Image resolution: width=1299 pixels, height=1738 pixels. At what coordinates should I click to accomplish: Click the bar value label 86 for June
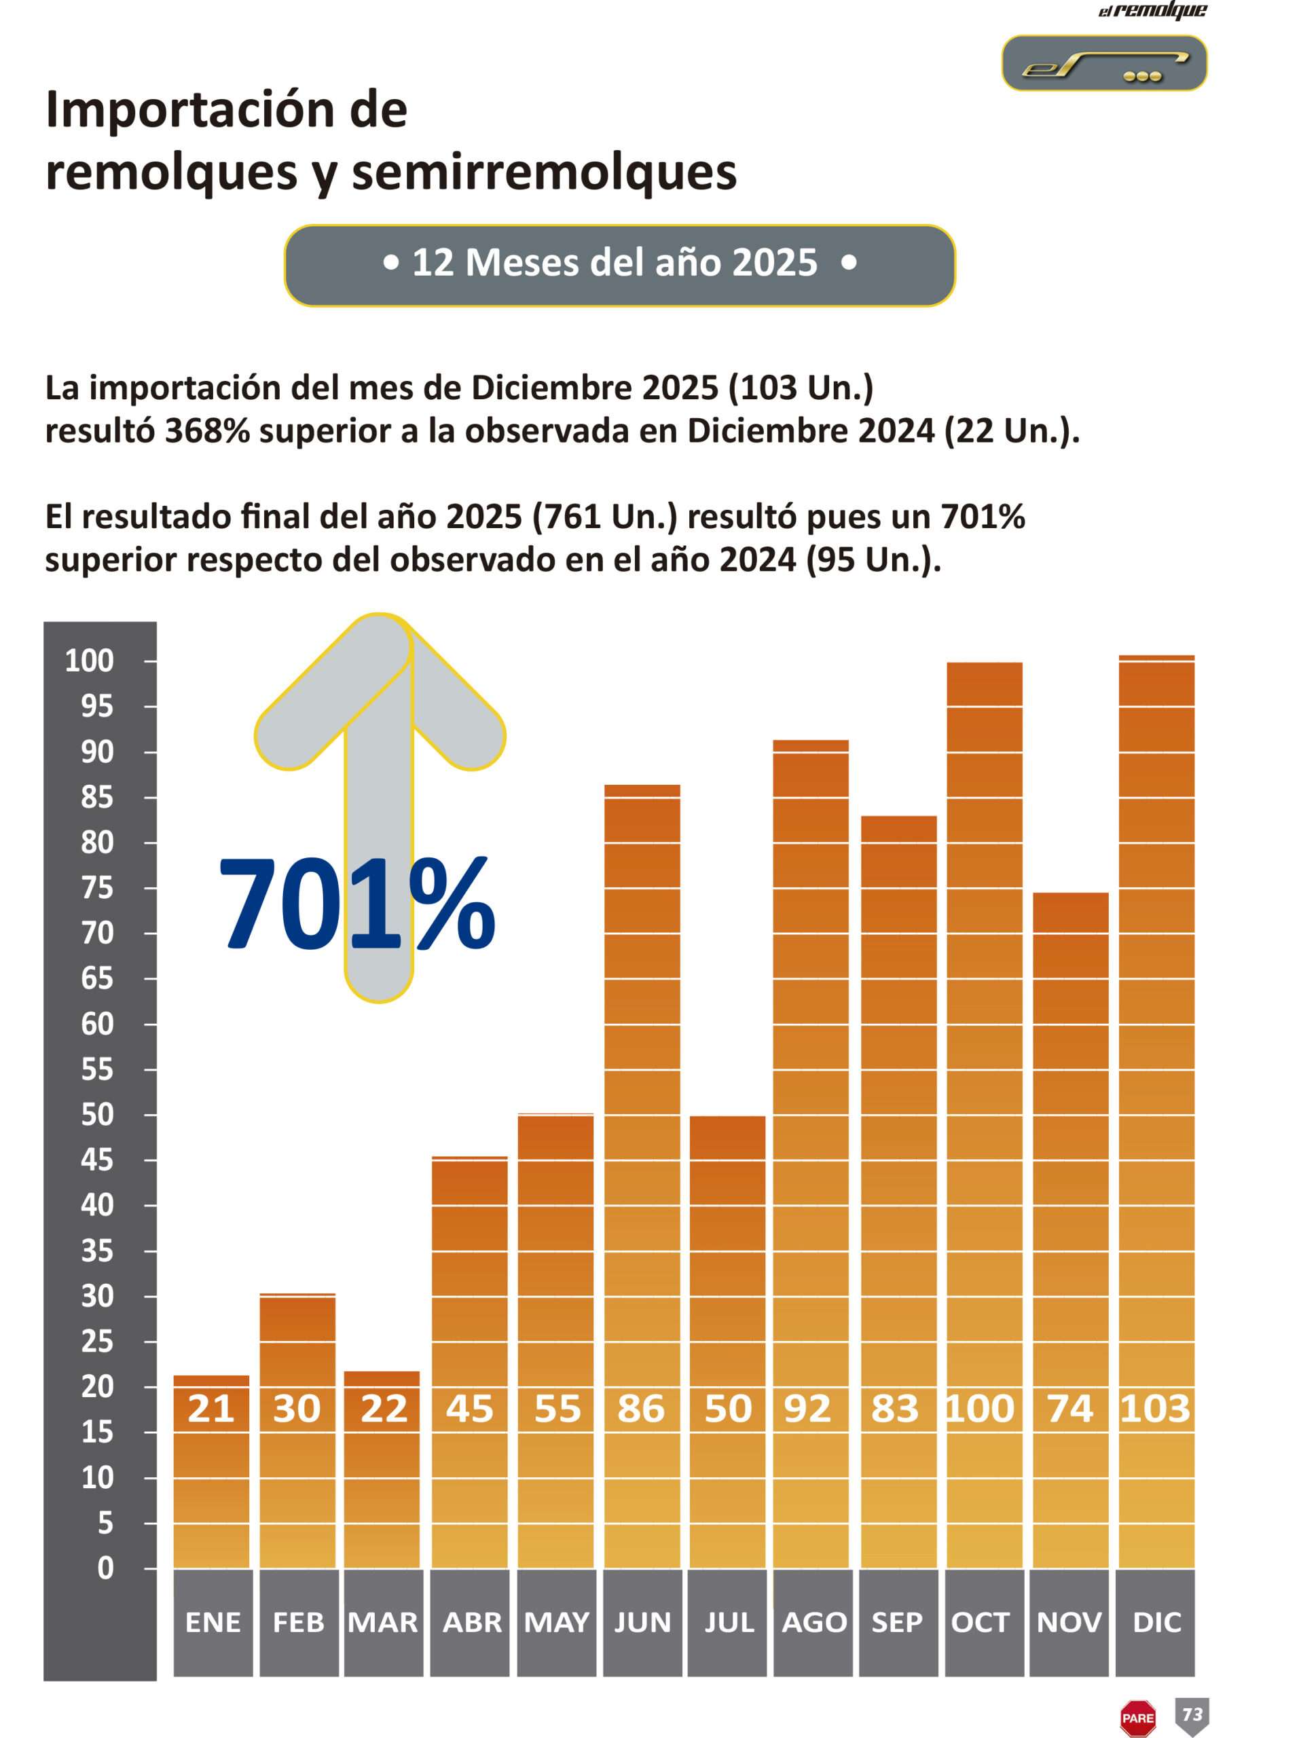pyautogui.click(x=640, y=1409)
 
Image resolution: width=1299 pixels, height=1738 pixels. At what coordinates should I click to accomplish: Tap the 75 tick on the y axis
pyautogui.click(x=98, y=888)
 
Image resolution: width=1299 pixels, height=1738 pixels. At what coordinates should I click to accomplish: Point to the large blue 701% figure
pyautogui.click(x=356, y=904)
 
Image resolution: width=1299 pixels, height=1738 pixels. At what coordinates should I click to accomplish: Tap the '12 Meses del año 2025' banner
pyautogui.click(x=619, y=264)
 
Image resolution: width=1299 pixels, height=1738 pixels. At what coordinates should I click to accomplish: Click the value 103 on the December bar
pyautogui.click(x=1155, y=1409)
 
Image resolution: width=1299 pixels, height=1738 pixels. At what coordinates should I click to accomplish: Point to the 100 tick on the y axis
pyautogui.click(x=90, y=661)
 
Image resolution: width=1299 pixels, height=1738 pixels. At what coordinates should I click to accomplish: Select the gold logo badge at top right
pyautogui.click(x=1104, y=63)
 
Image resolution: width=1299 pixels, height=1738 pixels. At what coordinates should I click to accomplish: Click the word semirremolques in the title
pyautogui.click(x=544, y=173)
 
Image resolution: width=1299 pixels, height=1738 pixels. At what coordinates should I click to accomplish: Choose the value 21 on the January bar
pyautogui.click(x=211, y=1409)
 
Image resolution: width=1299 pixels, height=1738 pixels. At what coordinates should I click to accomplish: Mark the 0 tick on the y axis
pyautogui.click(x=105, y=1568)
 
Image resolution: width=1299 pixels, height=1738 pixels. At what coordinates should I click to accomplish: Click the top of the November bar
pyautogui.click(x=1070, y=893)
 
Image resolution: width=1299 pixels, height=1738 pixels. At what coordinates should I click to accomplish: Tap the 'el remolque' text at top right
pyautogui.click(x=1152, y=10)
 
